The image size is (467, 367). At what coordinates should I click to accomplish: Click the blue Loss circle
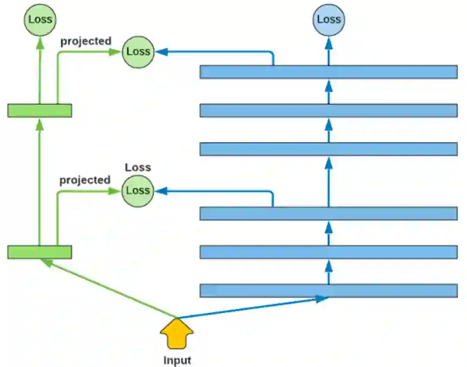(329, 20)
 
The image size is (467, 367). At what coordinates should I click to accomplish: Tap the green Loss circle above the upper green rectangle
(40, 20)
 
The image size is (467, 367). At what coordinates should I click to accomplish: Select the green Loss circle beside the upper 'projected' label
(138, 51)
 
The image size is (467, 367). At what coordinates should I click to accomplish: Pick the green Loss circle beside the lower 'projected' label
(138, 191)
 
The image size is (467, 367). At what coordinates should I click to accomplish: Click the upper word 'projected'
(86, 41)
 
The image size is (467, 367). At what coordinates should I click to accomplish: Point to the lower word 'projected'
(85, 180)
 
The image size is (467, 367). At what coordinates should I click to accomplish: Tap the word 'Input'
(177, 360)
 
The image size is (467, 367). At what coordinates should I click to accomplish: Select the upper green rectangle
(40, 110)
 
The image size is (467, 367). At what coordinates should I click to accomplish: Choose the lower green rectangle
(40, 252)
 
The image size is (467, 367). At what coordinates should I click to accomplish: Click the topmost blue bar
(328, 72)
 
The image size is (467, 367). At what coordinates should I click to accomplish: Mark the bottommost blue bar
(328, 290)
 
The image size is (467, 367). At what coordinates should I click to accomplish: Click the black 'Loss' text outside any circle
(138, 167)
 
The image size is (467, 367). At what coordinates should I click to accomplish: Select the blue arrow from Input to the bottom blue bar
(251, 308)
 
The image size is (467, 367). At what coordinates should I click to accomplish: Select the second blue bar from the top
(328, 110)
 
